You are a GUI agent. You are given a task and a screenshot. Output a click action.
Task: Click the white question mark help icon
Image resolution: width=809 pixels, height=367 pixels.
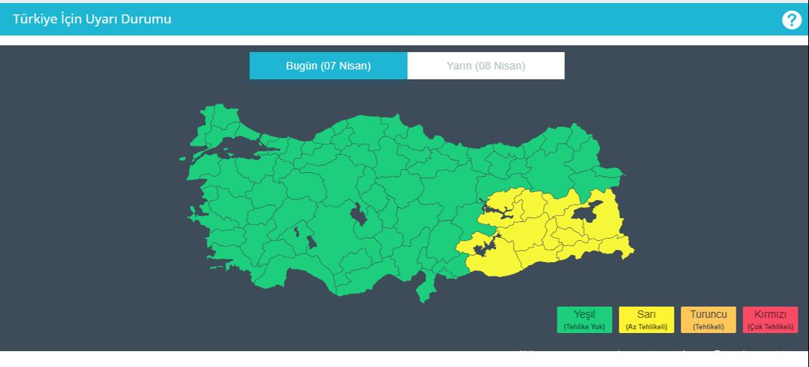pos(791,20)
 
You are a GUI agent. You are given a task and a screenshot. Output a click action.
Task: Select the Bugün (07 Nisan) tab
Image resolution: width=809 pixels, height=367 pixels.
pos(329,66)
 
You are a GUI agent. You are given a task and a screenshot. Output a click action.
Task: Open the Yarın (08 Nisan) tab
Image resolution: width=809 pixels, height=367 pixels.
pos(486,66)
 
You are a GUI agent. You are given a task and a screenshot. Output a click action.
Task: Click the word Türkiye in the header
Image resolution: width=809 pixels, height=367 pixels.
pos(35,19)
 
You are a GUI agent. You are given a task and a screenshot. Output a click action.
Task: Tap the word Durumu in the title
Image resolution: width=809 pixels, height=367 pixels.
pos(149,19)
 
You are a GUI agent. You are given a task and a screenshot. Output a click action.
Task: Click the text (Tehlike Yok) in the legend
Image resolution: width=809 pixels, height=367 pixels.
pos(584,327)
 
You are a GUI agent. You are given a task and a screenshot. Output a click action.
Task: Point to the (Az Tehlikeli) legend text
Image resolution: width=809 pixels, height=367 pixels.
pos(646,327)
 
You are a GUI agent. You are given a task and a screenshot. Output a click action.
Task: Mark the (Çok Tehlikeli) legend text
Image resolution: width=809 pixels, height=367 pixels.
pos(770,327)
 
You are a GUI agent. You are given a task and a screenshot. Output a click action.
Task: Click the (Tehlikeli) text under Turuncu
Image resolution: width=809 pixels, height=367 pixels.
pos(708,327)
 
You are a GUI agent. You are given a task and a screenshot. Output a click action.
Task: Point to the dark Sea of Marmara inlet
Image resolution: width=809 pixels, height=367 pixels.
pos(234,153)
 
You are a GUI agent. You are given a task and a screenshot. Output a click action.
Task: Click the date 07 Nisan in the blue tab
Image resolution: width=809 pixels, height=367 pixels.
pos(346,66)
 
